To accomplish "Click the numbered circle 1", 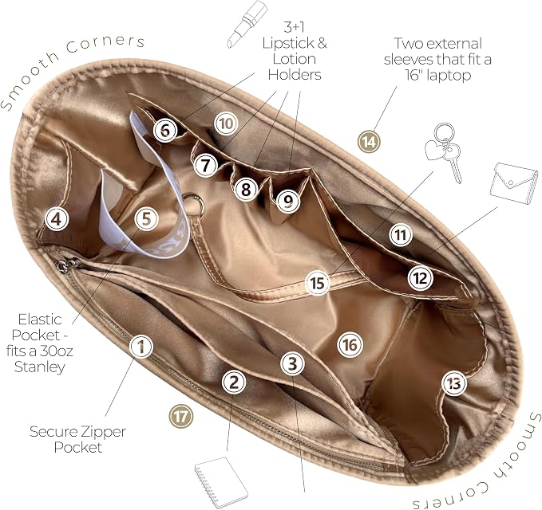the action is coord(141,346).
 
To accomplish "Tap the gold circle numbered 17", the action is coord(180,417).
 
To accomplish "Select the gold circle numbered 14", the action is coord(369,142).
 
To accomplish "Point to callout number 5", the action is coord(147,218).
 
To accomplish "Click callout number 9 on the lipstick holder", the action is coord(287,201).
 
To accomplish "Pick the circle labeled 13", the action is coord(454,383).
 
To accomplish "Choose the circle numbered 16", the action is coord(350,344).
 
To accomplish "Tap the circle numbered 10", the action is coord(226,124).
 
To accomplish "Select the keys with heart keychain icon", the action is coord(444,152).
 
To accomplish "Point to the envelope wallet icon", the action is coord(514,183).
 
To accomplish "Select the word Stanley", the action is coord(40,367).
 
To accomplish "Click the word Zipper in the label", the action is coord(103,432).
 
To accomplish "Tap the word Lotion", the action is coord(295,59).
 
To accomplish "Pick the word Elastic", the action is coord(40,320).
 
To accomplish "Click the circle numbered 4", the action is coord(57,218).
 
